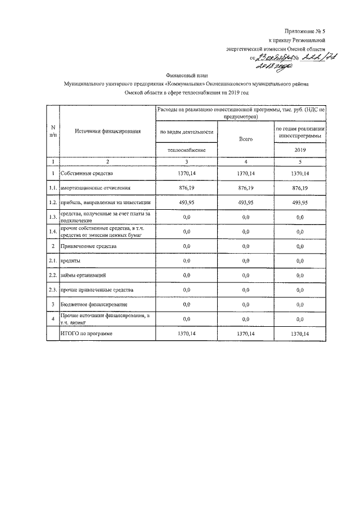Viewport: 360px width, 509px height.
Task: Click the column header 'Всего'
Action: [243, 138]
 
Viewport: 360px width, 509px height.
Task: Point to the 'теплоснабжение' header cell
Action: [187, 151]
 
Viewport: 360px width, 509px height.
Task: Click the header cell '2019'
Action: [299, 151]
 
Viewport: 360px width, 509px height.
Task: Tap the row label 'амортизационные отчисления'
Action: [96, 188]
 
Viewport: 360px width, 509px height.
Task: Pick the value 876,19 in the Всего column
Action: [243, 188]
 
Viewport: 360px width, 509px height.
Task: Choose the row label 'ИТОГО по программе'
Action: [86, 334]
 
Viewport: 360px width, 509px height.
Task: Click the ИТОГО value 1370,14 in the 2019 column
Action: [299, 334]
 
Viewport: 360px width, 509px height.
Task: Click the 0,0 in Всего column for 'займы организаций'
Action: [243, 276]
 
